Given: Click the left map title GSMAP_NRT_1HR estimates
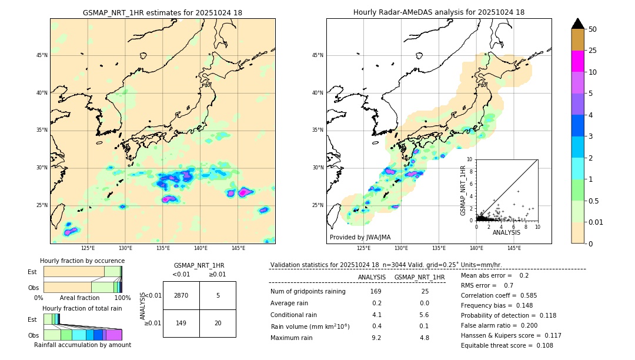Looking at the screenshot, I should pos(162,12).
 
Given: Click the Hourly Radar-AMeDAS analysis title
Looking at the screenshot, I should pos(439,12).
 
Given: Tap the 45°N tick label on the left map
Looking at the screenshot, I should pos(42,55).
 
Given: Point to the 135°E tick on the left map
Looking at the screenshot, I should pos(163,248).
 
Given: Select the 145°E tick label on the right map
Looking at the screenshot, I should pos(514,248).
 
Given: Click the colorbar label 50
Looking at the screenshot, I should pos(593,29).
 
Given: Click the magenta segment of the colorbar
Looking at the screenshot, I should pos(577,61).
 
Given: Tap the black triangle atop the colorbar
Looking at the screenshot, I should pos(577,24).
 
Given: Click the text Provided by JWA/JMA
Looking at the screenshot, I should pos(360,237).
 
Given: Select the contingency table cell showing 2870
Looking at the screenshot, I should pos(181,295).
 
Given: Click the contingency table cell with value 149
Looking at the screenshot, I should pos(181,323).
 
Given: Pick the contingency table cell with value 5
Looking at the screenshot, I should pos(218,295).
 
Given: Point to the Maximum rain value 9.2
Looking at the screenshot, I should pos(376,338).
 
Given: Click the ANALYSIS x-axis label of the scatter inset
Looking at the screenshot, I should pos(506,232).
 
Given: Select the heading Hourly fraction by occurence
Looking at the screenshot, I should pos(82,261).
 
